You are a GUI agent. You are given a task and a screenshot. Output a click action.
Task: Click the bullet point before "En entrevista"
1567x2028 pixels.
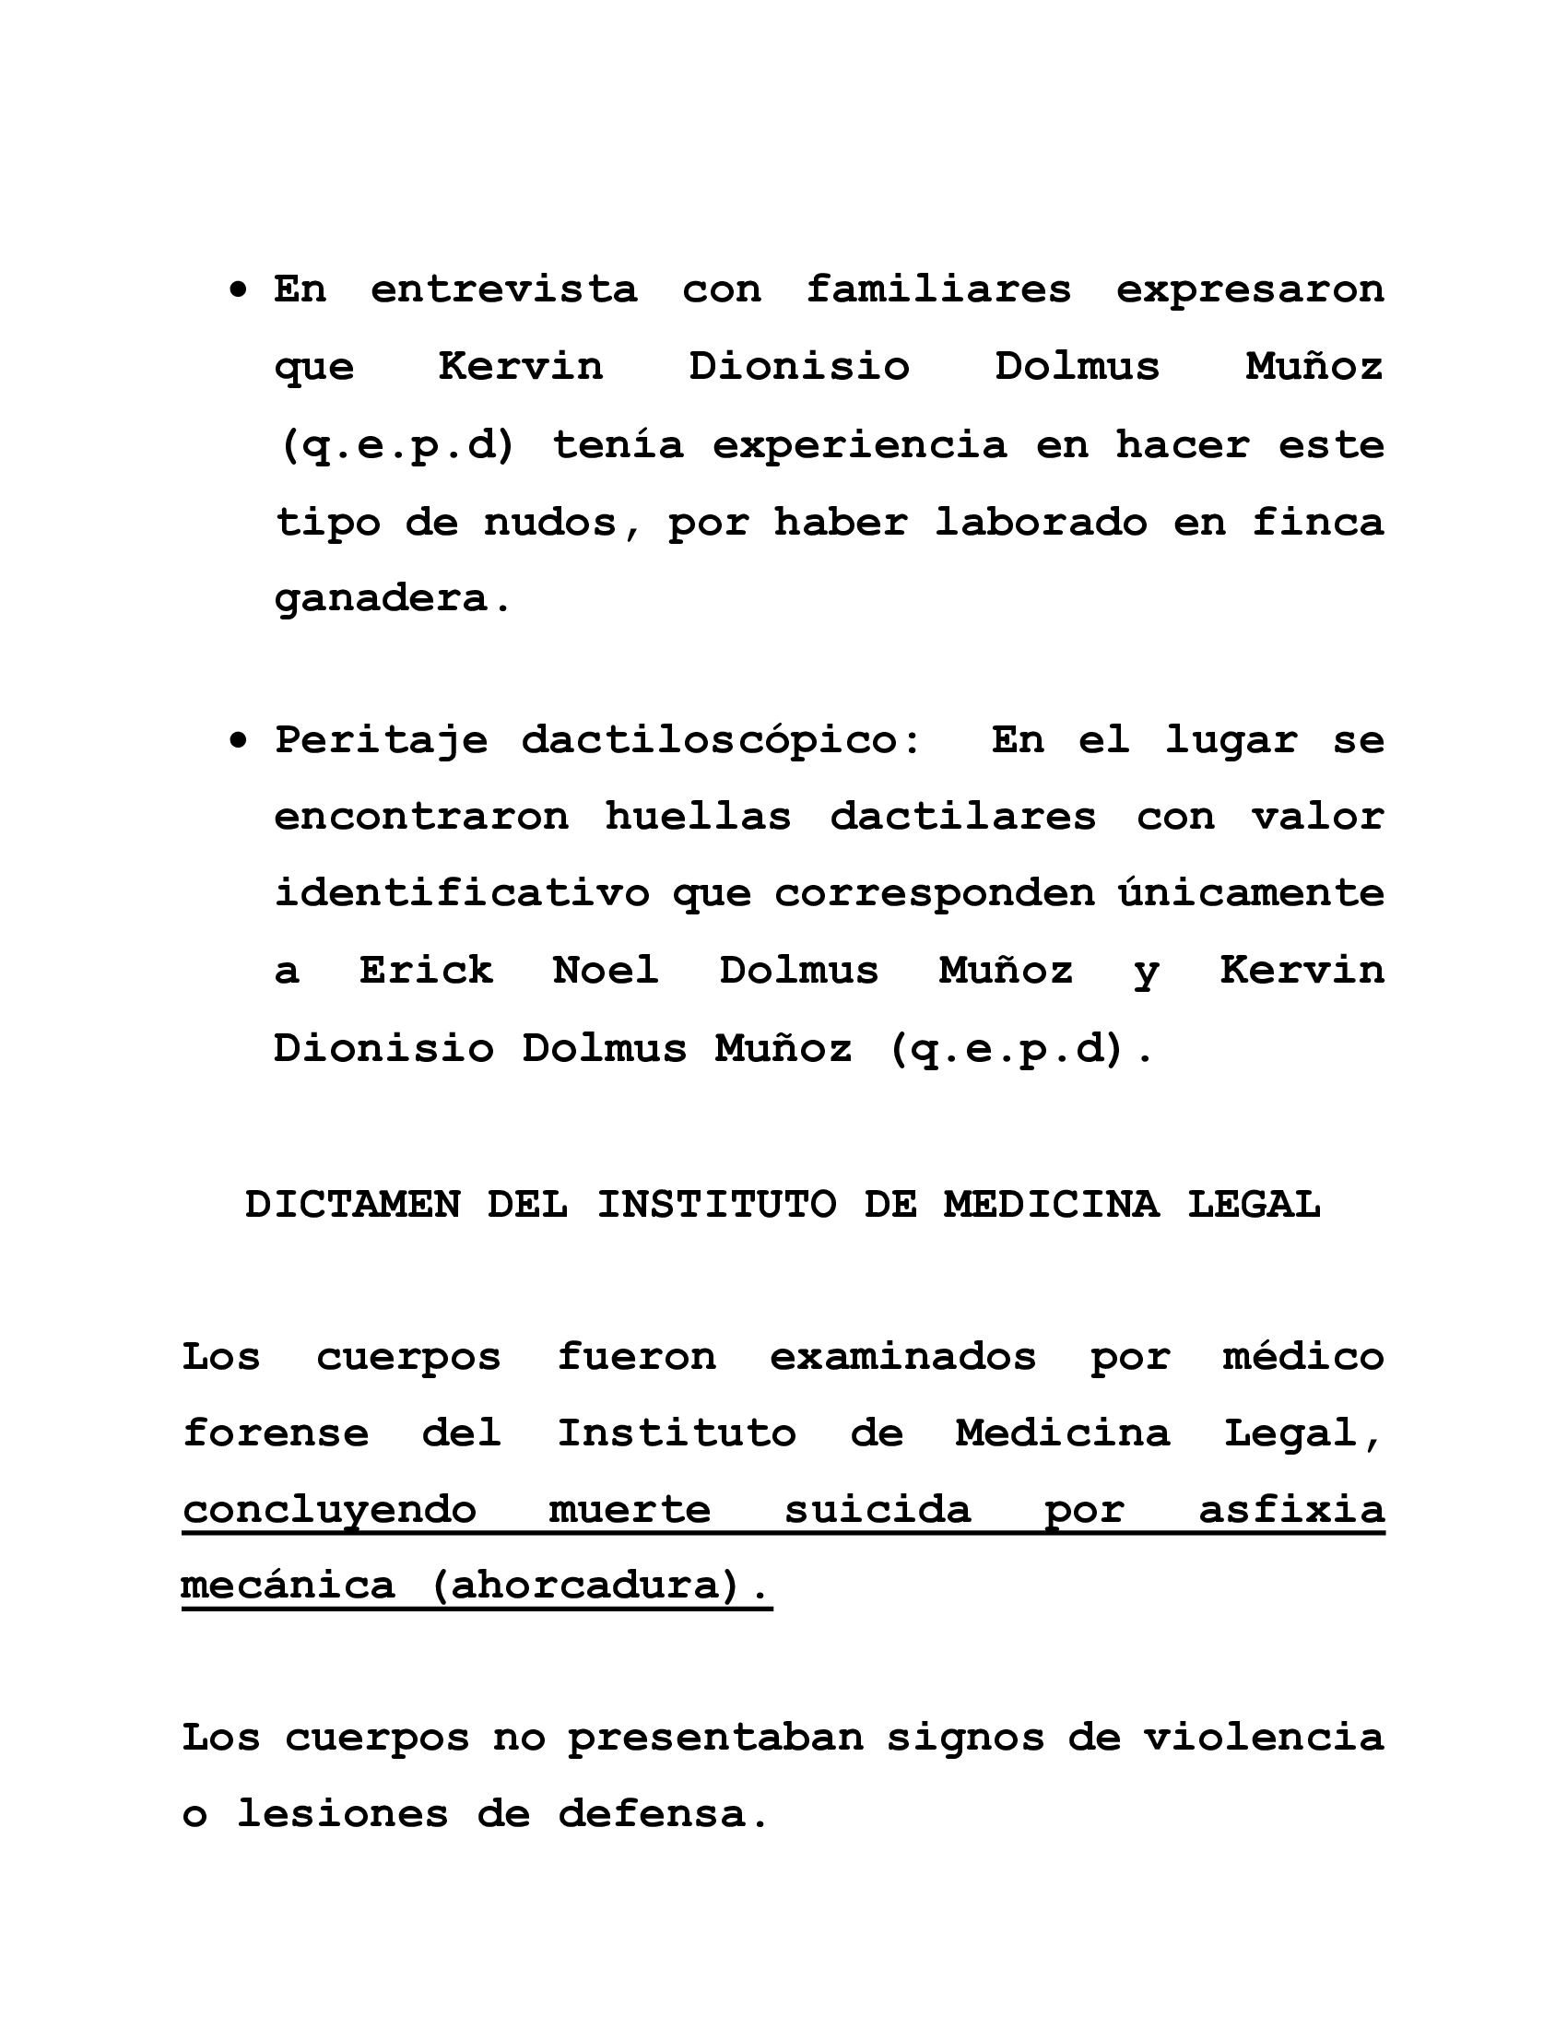coord(240,291)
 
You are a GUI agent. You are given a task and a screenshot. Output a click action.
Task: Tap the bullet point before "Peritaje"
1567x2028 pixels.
coord(240,741)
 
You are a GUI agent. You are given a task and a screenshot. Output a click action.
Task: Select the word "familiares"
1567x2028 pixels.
coord(937,289)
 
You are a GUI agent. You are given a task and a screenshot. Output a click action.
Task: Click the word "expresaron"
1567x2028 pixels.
coord(1250,289)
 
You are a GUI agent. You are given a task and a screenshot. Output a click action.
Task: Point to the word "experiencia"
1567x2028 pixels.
coord(859,446)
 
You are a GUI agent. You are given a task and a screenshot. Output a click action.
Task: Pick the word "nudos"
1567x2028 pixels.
coord(550,523)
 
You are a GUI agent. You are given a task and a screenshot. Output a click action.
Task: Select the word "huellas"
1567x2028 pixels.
coord(698,817)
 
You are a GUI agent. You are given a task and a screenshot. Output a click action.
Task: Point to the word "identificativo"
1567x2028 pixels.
coord(463,893)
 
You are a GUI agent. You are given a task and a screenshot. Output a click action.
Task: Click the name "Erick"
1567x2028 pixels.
coord(426,972)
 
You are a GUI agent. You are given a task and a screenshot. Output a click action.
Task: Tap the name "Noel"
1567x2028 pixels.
coord(606,972)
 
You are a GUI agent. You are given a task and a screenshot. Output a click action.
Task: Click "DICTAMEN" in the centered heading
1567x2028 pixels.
coord(353,1206)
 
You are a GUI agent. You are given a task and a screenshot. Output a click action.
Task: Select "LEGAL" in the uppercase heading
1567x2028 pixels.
coord(1254,1206)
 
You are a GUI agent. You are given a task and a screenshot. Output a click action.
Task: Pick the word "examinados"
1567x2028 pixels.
coord(902,1358)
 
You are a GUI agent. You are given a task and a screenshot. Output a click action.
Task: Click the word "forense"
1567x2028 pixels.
coord(276,1433)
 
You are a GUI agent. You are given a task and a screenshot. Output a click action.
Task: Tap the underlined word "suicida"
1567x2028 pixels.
coord(878,1510)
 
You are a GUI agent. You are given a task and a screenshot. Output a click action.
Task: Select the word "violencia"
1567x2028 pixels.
coord(1264,1739)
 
